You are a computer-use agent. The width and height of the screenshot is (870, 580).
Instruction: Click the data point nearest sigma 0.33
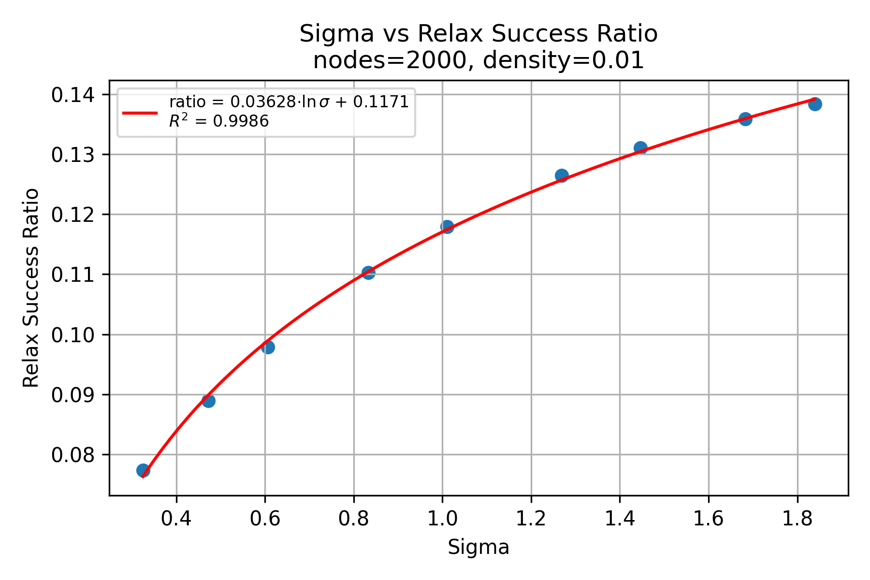[x=143, y=470]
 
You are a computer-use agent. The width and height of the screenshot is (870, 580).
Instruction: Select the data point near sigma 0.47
[x=208, y=401]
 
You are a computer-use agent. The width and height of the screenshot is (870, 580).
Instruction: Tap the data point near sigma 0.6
[x=268, y=347]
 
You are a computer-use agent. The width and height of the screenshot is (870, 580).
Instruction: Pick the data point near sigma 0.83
[x=368, y=273]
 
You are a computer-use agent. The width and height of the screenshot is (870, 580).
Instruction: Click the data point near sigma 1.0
[x=448, y=227]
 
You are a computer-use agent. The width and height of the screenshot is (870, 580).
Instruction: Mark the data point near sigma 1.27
[x=562, y=175]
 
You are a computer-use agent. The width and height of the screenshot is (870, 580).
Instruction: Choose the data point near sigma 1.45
[x=640, y=148]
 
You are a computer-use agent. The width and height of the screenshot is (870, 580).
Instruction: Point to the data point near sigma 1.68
[x=745, y=119]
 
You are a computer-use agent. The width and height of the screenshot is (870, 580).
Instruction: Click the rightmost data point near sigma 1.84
[x=815, y=104]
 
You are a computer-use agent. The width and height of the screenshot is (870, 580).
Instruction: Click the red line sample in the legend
[x=140, y=113]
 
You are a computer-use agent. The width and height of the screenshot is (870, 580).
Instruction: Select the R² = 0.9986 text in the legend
[x=218, y=121]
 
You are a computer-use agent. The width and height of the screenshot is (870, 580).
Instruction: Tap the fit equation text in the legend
[x=289, y=102]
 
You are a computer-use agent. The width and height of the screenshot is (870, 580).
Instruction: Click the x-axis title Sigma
[x=478, y=548]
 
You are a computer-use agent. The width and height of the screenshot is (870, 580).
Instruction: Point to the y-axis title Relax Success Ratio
[x=31, y=288]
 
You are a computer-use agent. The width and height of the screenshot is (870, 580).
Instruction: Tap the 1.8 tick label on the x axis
[x=797, y=519]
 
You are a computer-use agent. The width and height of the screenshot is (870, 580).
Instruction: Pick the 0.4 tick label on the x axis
[x=176, y=519]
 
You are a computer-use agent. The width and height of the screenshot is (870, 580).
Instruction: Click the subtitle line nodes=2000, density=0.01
[x=478, y=61]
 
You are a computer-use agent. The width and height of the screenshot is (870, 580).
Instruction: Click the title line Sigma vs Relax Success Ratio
[x=478, y=34]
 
